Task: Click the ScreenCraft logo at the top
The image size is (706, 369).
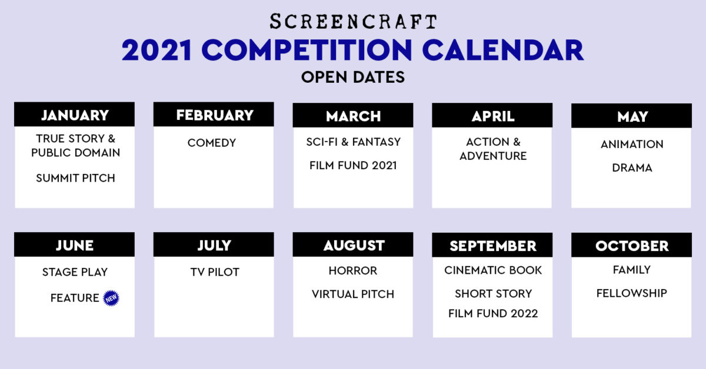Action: [x=353, y=21]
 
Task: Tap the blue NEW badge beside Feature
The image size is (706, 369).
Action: [x=111, y=298]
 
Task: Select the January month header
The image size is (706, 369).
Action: [x=74, y=115]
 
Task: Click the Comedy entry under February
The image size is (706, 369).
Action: [x=211, y=143]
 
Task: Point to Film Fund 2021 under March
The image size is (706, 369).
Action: [x=353, y=165]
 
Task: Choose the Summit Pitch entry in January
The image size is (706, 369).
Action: [x=75, y=178]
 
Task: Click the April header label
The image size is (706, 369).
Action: [x=493, y=116]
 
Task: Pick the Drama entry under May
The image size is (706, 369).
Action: [x=632, y=168]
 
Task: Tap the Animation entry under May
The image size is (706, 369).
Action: [x=632, y=144]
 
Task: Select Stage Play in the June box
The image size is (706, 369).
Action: [x=75, y=272]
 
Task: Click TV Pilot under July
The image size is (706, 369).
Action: [x=215, y=272]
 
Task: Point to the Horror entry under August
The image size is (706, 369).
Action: [x=352, y=270]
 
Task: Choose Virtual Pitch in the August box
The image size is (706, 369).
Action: [x=352, y=294]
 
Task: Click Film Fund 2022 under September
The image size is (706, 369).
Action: [x=493, y=314]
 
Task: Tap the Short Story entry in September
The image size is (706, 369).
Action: [x=493, y=294]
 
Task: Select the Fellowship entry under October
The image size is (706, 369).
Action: [x=632, y=293]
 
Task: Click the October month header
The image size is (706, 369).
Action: [x=632, y=245]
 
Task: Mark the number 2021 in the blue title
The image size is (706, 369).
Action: [x=156, y=50]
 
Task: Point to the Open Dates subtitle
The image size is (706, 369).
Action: [x=353, y=77]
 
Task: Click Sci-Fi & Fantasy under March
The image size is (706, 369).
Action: [x=354, y=142]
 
